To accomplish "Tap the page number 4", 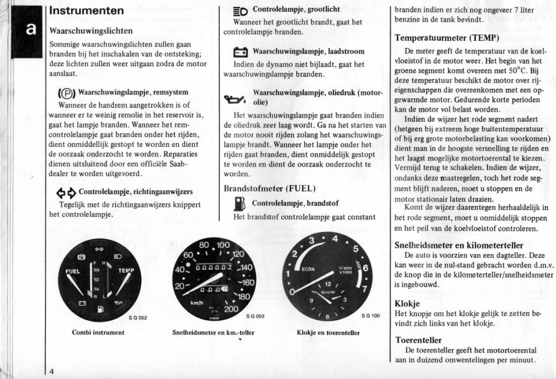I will (x=51, y=371).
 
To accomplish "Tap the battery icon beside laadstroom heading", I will (x=240, y=52).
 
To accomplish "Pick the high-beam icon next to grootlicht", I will (x=240, y=10).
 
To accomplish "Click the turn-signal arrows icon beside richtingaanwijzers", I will (x=66, y=192).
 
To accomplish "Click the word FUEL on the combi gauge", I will (x=73, y=271).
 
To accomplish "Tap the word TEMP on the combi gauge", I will (x=126, y=270).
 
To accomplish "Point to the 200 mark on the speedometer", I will (x=231, y=308).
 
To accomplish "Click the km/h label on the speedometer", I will (x=197, y=302).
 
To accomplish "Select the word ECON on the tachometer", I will (x=308, y=269).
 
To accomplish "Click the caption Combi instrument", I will (x=98, y=332).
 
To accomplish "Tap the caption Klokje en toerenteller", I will (x=328, y=332).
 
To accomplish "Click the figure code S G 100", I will (x=370, y=316).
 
